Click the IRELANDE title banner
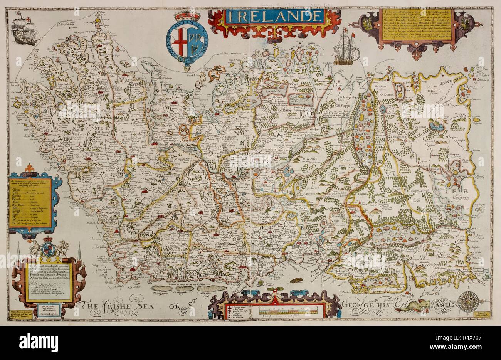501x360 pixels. (x=274, y=16)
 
